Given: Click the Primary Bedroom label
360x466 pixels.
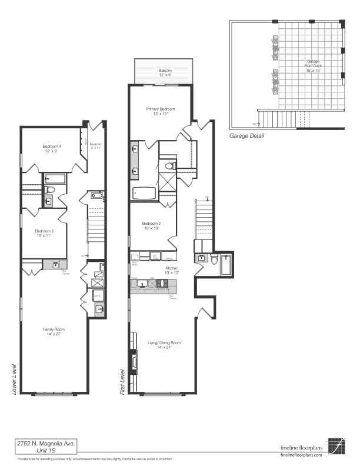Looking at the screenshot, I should pyautogui.click(x=161, y=111).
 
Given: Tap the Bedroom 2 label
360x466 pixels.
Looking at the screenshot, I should pyautogui.click(x=151, y=226).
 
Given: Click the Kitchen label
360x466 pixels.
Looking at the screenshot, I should pyautogui.click(x=171, y=270).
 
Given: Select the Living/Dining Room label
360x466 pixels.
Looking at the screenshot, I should pyautogui.click(x=164, y=345).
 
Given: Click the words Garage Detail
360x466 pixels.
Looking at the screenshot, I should pyautogui.click(x=246, y=136).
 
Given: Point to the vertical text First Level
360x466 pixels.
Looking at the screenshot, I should pyautogui.click(x=122, y=381).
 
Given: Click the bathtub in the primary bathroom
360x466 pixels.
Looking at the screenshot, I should pyautogui.click(x=144, y=193).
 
